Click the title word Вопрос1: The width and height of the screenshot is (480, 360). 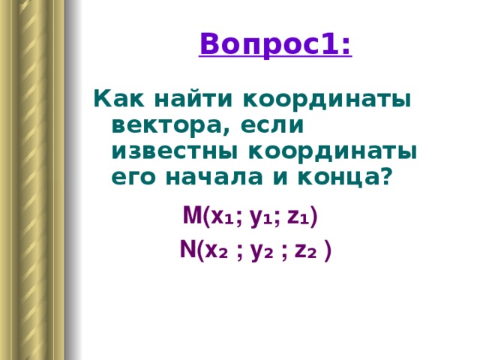[x=275, y=44]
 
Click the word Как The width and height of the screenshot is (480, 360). [x=118, y=98]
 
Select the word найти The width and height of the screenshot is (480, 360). [x=193, y=97]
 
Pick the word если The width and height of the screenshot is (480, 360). [x=272, y=125]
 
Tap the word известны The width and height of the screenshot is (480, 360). [x=175, y=151]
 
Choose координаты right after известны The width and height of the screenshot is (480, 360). [x=333, y=152]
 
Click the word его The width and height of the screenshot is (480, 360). [x=133, y=177]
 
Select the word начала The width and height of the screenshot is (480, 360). [x=214, y=177]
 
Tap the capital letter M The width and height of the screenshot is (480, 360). [x=192, y=215]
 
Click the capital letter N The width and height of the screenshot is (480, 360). [x=187, y=249]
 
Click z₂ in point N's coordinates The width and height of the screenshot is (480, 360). [x=305, y=252]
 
